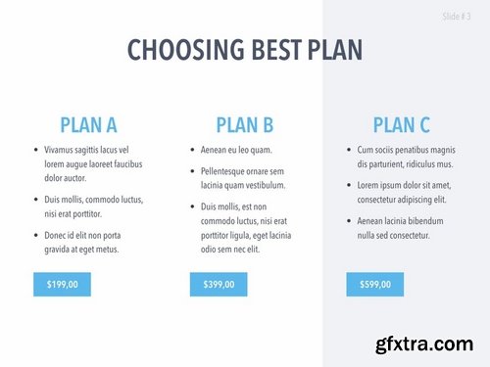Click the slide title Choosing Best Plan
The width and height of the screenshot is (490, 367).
[245, 50]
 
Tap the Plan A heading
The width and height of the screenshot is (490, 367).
[88, 124]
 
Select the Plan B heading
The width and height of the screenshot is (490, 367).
[244, 124]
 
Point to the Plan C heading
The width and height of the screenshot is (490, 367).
[401, 124]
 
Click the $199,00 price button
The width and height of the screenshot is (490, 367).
[62, 285]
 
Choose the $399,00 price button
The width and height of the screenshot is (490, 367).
[218, 285]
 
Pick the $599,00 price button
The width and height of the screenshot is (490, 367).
[374, 285]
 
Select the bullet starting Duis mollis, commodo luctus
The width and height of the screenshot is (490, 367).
[92, 206]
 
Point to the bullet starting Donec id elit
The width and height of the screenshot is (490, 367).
[88, 242]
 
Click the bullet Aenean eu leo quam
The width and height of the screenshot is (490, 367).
[236, 150]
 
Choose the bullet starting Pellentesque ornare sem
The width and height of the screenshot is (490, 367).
[243, 178]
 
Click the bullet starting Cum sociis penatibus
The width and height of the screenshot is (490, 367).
[406, 157]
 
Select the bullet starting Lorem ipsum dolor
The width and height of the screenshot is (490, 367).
[404, 192]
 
